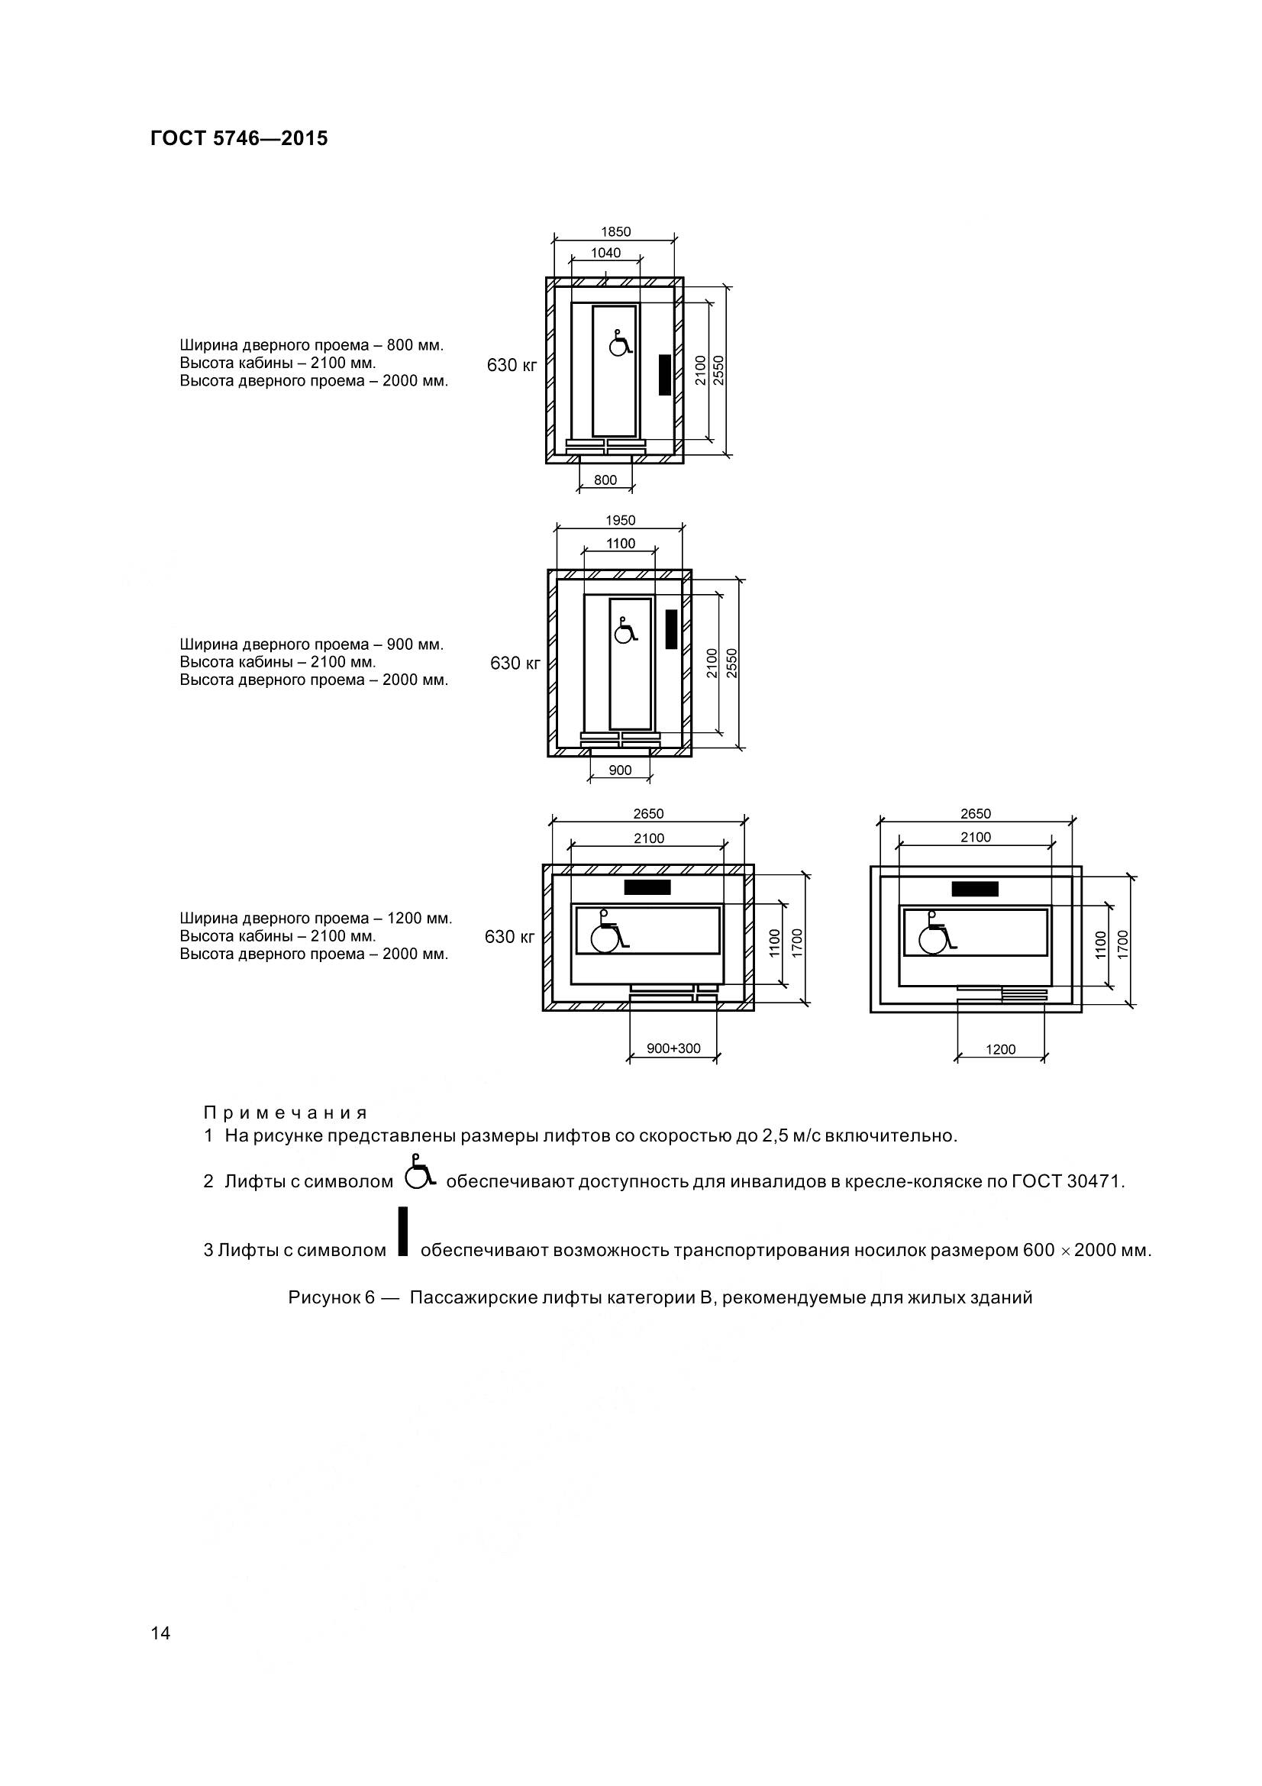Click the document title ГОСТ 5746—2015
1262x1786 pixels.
239,138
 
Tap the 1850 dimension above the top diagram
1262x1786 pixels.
616,232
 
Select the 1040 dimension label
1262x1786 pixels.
605,253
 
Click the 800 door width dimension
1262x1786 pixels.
605,480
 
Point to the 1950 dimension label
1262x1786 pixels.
621,521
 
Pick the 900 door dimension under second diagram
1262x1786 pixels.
620,770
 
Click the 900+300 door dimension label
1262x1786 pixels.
673,1048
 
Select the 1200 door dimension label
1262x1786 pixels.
1001,1049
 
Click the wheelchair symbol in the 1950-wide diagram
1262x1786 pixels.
625,631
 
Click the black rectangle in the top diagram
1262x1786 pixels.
665,374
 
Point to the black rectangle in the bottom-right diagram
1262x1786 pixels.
975,888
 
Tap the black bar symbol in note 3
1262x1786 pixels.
403,1232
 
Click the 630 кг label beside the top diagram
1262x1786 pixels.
512,365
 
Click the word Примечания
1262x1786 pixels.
286,1113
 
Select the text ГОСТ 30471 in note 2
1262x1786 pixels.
1067,1181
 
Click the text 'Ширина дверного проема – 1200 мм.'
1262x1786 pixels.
316,918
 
